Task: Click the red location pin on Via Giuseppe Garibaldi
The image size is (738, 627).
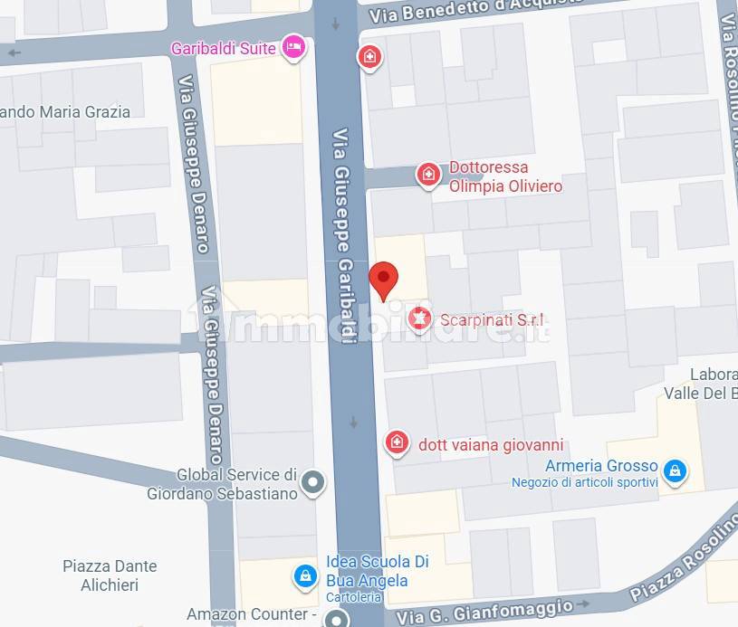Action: [384, 279]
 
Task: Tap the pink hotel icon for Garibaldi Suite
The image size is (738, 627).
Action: [292, 48]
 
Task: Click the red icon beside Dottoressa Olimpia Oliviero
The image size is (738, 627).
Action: [428, 175]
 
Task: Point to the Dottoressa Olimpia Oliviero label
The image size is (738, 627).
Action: [505, 176]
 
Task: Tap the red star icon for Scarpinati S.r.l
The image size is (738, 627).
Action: [418, 318]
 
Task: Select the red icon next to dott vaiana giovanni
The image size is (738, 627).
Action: [396, 443]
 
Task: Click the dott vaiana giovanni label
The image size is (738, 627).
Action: [491, 444]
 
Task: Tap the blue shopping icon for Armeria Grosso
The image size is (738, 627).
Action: [674, 470]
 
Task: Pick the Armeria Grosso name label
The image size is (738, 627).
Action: [600, 466]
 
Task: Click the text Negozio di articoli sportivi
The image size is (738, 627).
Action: [584, 482]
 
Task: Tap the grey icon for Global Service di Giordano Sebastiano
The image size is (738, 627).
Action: [313, 482]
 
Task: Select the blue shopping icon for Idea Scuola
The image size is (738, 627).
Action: [306, 575]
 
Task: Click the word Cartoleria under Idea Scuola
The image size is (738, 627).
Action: [354, 597]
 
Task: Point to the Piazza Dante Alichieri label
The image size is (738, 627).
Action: [110, 575]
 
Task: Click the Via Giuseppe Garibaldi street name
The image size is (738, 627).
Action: [345, 235]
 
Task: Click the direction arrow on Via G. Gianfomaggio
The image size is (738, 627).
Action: [584, 603]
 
